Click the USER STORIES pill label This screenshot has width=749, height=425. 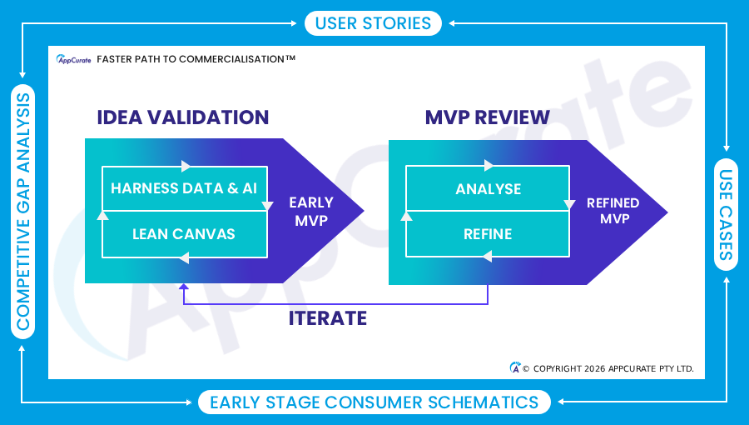(373, 22)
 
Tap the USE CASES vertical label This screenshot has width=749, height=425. (727, 214)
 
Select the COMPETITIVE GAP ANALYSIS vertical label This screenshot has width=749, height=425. (22, 212)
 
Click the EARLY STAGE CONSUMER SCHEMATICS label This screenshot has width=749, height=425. (374, 402)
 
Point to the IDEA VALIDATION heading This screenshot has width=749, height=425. (183, 117)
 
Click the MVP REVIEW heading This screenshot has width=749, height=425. (488, 117)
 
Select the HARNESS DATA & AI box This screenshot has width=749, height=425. (184, 188)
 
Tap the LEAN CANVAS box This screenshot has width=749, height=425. (184, 234)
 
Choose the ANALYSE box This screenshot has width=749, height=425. (489, 189)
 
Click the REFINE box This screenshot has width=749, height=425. (489, 234)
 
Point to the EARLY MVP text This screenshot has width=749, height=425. (311, 212)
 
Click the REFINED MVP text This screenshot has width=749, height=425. (613, 211)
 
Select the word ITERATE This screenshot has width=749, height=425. (328, 317)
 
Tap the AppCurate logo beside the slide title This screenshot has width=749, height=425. (73, 59)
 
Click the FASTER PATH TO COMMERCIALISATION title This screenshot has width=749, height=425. (196, 59)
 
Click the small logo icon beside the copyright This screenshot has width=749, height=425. (515, 367)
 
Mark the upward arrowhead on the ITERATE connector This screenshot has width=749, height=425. (185, 288)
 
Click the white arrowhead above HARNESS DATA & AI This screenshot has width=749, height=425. (186, 166)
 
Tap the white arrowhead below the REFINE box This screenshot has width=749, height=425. (488, 257)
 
